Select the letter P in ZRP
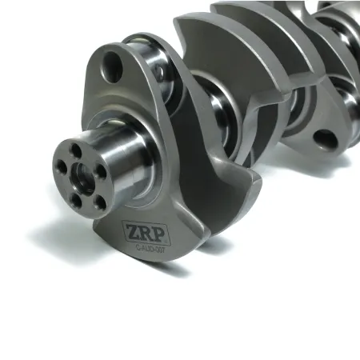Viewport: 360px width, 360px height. pyautogui.click(x=151, y=231)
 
